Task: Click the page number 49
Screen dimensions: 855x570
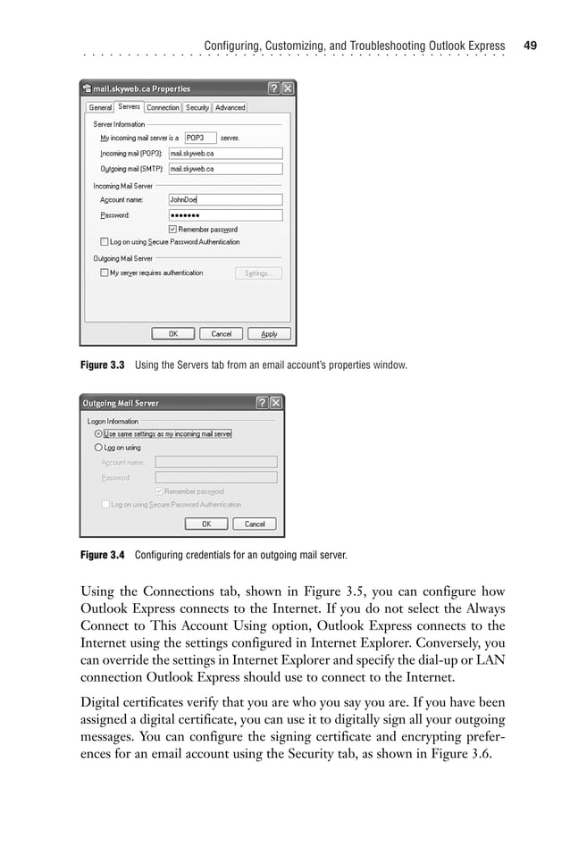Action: (531, 45)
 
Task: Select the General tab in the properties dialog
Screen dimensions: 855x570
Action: (100, 107)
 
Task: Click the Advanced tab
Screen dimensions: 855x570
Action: (230, 107)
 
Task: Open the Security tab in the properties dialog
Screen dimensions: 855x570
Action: (197, 107)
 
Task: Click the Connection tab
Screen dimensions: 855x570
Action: (163, 107)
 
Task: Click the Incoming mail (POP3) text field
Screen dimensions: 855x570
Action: (225, 154)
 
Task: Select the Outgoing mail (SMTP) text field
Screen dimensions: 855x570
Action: (225, 168)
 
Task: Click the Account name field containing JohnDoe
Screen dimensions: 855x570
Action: (225, 200)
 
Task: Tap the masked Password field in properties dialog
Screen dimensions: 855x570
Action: (225, 215)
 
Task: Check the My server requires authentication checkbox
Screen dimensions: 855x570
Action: (105, 273)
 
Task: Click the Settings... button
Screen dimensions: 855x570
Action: (258, 273)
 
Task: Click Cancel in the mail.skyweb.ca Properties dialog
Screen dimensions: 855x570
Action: (221, 334)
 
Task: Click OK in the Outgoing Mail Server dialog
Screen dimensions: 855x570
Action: (205, 524)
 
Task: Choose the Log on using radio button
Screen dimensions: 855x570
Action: (98, 448)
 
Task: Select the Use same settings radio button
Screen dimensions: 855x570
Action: (98, 434)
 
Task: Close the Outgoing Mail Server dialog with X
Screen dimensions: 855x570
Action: (276, 403)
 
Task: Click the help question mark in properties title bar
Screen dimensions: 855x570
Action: (273, 88)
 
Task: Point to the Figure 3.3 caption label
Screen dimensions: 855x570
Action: (103, 365)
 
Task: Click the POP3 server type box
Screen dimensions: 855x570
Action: (200, 138)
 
